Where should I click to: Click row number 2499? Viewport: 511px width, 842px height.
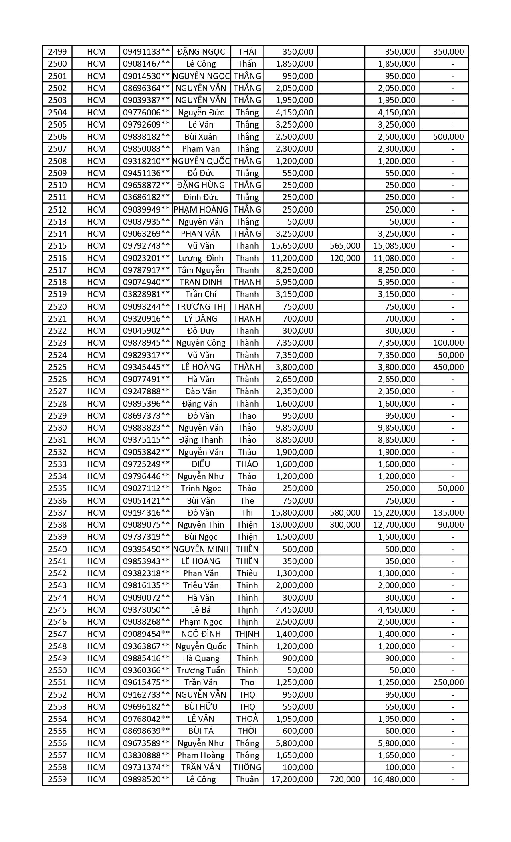[x=57, y=52]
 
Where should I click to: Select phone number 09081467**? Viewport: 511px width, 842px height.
[x=146, y=64]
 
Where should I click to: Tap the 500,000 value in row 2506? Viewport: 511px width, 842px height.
[x=448, y=137]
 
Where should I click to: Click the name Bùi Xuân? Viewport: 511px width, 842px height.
[x=201, y=137]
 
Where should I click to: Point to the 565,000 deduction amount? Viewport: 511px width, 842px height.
[x=345, y=246]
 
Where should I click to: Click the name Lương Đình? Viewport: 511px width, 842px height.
[x=201, y=258]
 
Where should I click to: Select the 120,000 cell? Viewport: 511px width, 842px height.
[x=345, y=258]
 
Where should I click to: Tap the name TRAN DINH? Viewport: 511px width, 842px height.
[x=201, y=282]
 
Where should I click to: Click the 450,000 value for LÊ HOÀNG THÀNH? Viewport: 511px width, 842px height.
[x=448, y=367]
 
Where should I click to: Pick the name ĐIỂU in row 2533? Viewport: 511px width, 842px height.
[x=201, y=464]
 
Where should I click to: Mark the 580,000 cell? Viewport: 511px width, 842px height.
[x=345, y=513]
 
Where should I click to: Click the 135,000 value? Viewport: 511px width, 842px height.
[x=448, y=513]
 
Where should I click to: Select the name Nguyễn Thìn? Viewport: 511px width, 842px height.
[x=201, y=525]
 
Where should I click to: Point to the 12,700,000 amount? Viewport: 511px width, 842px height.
[x=396, y=525]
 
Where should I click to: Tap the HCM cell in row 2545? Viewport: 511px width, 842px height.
[x=96, y=610]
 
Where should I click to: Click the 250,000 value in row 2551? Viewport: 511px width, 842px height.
[x=448, y=682]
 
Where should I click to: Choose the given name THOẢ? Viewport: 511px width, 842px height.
[x=247, y=719]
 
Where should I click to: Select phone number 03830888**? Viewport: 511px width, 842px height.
[x=146, y=755]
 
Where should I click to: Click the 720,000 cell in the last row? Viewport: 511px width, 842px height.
[x=345, y=779]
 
